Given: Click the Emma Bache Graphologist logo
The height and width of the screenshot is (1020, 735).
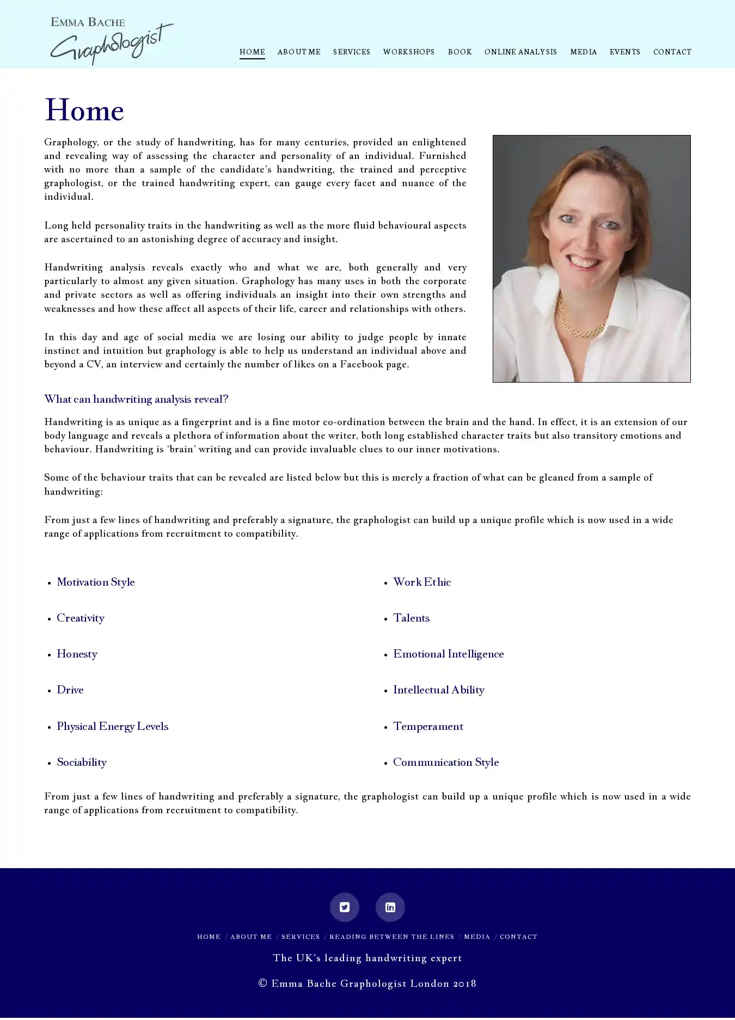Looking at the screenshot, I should coord(112,41).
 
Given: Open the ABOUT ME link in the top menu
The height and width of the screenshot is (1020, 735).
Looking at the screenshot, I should coord(299,52).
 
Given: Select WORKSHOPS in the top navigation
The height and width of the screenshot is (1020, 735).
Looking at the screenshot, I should coord(408,52).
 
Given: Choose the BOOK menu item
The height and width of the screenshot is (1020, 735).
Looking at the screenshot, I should coord(460,52).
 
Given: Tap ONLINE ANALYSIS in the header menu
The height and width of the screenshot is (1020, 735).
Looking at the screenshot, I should coord(520,52).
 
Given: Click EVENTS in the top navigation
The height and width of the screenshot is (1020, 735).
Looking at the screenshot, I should coord(624,52).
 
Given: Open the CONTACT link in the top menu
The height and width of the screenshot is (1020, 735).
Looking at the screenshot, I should coord(672,52).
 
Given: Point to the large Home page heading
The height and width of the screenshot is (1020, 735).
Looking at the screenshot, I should coord(84,111).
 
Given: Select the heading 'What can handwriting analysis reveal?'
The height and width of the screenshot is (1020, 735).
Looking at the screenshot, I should coord(136,400).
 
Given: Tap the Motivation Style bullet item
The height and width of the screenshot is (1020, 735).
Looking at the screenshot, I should coord(96,582).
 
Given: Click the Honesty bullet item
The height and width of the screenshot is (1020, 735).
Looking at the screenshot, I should coord(77,654).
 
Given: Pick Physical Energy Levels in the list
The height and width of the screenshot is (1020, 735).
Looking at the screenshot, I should coord(112,727).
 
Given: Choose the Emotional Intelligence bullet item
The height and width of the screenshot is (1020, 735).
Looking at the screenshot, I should coord(448,654).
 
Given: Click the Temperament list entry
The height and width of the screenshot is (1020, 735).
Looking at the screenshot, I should coord(428,727).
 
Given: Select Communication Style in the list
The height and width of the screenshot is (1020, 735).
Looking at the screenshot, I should coord(446,763).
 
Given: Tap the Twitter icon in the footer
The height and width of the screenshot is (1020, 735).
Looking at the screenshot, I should coord(345,907).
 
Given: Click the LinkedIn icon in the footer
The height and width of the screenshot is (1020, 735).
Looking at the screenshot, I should coord(390,907).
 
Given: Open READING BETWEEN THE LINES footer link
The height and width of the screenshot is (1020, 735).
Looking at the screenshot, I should coord(391,937).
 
